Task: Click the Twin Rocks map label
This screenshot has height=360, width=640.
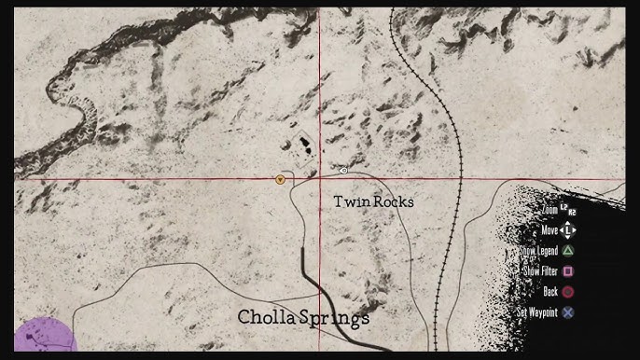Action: pos(373,201)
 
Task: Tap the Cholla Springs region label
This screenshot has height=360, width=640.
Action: pos(303,317)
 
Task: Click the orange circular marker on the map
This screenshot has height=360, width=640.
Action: pos(280,177)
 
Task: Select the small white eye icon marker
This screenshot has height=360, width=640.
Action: pos(343,171)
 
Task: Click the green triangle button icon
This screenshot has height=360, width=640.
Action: pos(568,250)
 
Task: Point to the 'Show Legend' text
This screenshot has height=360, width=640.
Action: pos(539,250)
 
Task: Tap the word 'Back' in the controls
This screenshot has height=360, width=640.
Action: pos(550,291)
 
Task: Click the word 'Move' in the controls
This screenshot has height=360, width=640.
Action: pos(550,229)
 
